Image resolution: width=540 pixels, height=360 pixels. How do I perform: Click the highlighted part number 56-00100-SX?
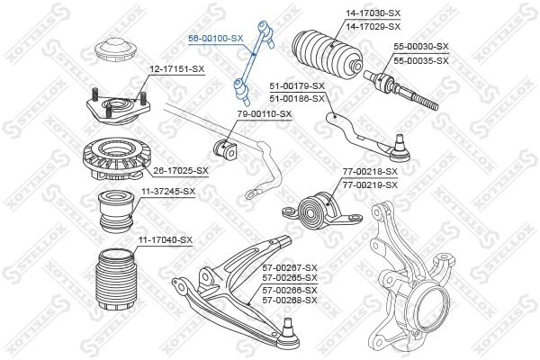click(215, 39)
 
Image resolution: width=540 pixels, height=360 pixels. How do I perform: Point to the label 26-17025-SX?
click(180, 170)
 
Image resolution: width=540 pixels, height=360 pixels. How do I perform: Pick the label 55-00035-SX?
click(421, 59)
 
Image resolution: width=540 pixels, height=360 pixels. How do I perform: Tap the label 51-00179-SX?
click(297, 86)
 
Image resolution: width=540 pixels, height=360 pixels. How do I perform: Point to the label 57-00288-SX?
click(289, 300)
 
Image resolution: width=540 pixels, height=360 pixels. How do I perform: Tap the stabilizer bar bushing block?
click(225, 146)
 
